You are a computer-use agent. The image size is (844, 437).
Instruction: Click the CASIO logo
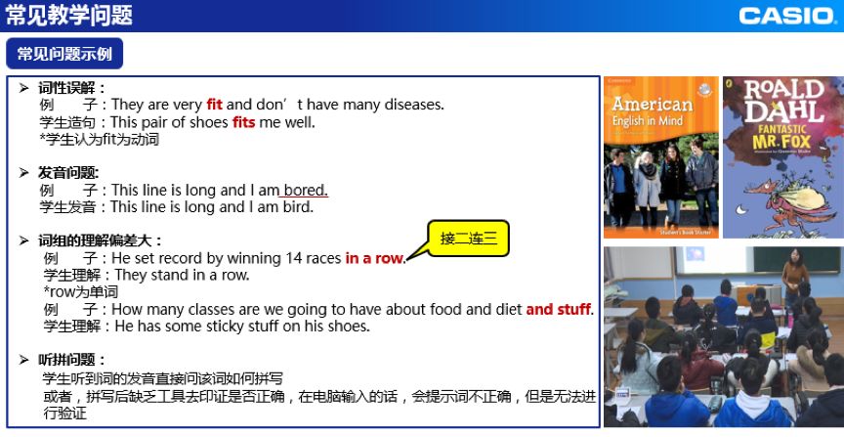click(786, 16)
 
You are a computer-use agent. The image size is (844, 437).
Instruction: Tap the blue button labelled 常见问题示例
click(64, 54)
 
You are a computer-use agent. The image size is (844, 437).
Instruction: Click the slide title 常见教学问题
click(69, 15)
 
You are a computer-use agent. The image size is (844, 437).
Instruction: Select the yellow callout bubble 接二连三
click(468, 238)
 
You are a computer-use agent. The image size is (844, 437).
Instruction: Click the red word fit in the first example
click(214, 104)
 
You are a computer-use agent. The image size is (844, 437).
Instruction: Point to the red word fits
click(244, 122)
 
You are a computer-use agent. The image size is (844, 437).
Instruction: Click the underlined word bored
click(305, 191)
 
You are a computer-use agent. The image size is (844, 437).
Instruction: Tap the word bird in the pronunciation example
click(298, 207)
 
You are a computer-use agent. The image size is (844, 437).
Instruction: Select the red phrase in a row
click(374, 258)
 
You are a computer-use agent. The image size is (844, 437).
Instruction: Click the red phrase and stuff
click(558, 309)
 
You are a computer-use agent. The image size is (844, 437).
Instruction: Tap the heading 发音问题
click(68, 173)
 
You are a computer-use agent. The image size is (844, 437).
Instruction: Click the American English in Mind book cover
click(661, 157)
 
